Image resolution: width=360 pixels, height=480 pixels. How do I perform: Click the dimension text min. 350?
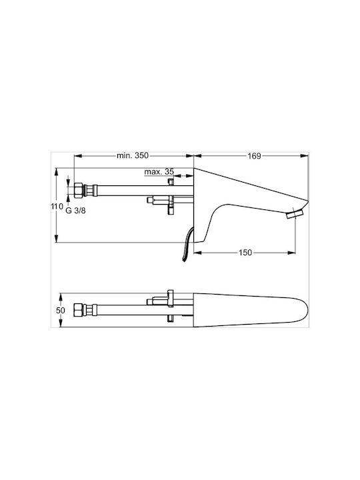133,155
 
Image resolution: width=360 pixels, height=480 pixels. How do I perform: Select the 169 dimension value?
254,156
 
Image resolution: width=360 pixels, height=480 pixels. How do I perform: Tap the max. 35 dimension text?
159,172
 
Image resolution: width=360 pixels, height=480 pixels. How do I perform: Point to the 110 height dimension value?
57,207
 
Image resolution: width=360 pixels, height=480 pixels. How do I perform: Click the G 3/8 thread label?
75,211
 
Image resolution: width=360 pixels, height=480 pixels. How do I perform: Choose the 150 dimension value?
245,253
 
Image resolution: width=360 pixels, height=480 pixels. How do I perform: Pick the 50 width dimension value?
61,310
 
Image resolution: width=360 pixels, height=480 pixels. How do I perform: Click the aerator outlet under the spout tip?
295,214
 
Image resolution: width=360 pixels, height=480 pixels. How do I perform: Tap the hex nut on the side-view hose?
79,190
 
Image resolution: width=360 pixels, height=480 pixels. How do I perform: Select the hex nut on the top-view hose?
79,310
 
